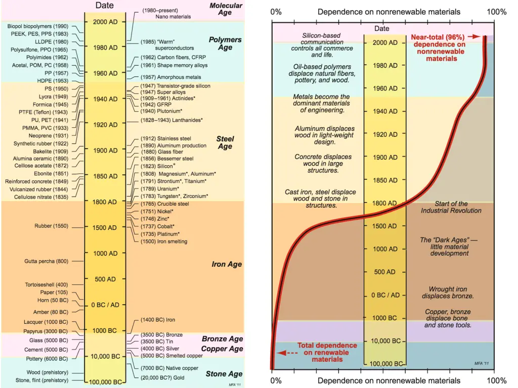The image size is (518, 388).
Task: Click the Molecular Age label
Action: click(226, 10)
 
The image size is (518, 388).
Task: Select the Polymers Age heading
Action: click(225, 43)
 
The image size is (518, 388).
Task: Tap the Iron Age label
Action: click(227, 264)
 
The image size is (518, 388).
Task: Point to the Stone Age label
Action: click(224, 374)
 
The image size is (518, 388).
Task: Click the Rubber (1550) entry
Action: click(51, 226)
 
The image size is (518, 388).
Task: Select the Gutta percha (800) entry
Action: click(46, 261)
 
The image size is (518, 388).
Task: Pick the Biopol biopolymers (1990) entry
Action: click(38, 26)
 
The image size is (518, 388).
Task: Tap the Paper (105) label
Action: click(54, 293)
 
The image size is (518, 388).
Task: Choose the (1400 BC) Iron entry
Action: click(158, 320)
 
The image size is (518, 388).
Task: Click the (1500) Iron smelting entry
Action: click(164, 241)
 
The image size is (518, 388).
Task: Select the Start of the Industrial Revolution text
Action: click(451, 207)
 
